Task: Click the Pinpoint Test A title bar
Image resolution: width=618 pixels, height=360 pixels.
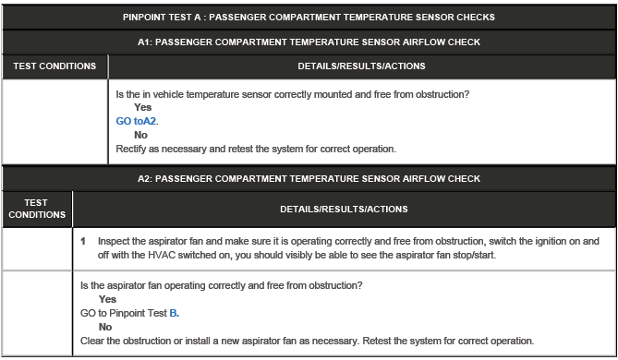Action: coord(309,17)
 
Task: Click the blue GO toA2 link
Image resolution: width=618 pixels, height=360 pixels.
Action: coord(131,121)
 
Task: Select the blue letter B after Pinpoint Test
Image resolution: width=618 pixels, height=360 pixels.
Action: coord(174,313)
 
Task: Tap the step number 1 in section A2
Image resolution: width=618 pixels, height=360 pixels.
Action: coord(83,241)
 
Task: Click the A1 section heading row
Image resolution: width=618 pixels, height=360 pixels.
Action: coord(309,42)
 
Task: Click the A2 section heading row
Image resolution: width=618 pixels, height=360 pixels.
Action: coord(309,178)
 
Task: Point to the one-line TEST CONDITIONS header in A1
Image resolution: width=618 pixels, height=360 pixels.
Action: coord(55,66)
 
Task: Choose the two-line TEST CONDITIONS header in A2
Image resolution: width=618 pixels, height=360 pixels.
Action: coord(37,209)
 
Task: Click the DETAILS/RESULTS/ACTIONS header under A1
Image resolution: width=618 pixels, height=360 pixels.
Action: coord(361,66)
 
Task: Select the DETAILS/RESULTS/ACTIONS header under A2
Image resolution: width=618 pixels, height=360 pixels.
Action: coord(344,209)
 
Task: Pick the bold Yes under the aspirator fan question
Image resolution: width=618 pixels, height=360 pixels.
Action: coord(107,299)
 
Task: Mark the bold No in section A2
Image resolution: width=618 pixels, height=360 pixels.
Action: coord(104,327)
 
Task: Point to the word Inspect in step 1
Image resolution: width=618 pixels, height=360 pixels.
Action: coord(115,241)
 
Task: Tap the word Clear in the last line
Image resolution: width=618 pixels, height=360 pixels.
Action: coord(93,340)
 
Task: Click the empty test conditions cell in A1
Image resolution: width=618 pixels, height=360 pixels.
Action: coord(55,120)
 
